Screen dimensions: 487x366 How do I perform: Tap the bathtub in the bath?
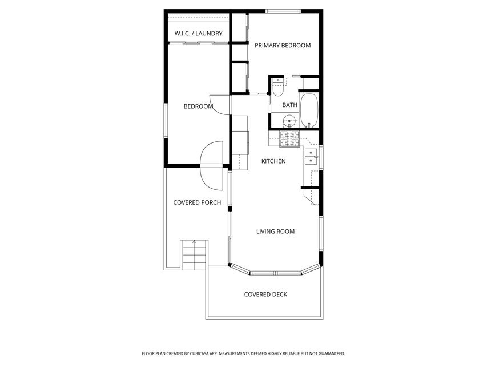[309, 110]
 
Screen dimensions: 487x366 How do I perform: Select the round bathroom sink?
[289, 121]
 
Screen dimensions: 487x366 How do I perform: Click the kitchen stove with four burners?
[289, 139]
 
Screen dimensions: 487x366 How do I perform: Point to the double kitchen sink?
[311, 157]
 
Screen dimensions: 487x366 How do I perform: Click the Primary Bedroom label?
[283, 45]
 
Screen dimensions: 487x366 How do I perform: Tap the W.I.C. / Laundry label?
[199, 34]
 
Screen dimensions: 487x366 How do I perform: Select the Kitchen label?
[273, 161]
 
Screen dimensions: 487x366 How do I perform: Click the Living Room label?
[276, 232]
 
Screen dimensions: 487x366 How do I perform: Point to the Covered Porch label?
[197, 202]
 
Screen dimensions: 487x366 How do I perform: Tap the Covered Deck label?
[265, 295]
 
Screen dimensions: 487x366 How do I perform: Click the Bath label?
[290, 105]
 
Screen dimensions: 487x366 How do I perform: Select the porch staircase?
[194, 255]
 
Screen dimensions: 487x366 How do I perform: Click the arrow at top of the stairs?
[194, 242]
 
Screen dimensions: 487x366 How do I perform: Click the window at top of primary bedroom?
[283, 11]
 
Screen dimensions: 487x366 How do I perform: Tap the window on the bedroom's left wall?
[166, 121]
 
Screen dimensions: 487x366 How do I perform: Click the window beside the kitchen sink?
[321, 157]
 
